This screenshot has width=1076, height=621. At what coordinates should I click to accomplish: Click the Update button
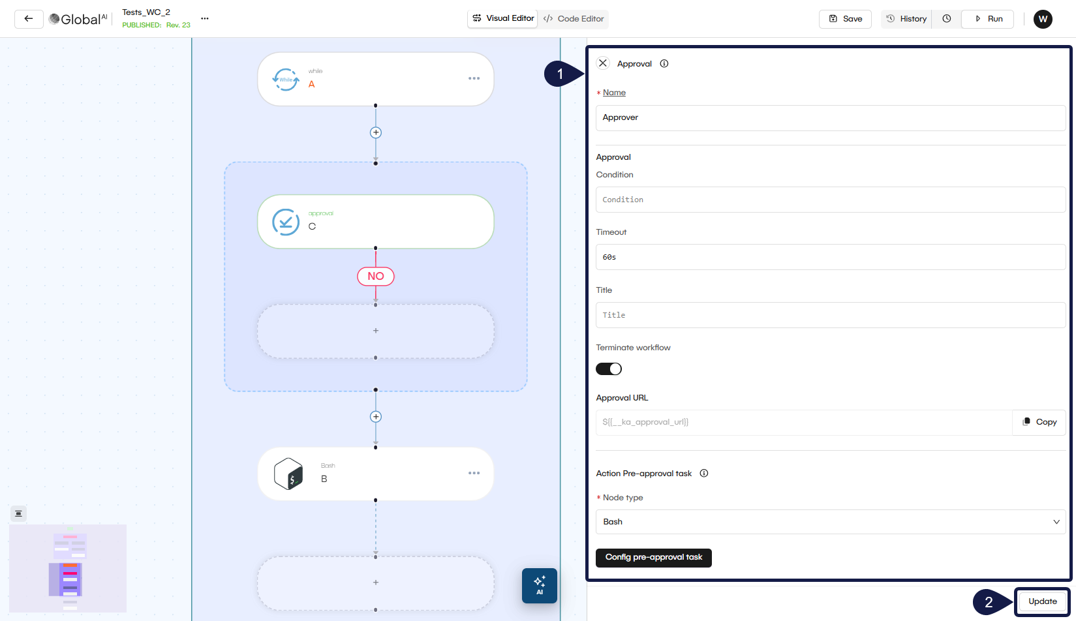pos(1042,601)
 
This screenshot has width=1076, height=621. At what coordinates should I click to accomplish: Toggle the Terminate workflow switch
pos(609,369)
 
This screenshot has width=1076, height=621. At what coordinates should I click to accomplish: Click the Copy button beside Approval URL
pos(1039,422)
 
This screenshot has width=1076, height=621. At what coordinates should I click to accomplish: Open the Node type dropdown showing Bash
pos(830,522)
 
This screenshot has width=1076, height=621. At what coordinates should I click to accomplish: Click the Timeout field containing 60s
pos(830,257)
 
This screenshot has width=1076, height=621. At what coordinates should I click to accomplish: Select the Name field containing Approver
pos(830,118)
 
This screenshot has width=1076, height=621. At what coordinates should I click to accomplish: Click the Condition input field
pos(830,200)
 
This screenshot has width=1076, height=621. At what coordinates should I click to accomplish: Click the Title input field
pos(830,315)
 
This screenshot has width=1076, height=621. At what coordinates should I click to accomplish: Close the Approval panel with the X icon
pos(603,63)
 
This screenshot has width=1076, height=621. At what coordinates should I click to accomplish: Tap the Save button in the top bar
pos(845,19)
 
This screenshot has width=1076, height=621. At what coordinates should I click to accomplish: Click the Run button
pos(988,19)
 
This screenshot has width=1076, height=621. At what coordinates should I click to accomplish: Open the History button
pos(906,19)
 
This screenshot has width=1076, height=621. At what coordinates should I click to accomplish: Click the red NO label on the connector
pos(376,277)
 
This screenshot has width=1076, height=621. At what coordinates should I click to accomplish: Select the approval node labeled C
pos(376,222)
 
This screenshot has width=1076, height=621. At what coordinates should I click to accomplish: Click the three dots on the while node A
pos(474,78)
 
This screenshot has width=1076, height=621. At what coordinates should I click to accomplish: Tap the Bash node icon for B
pos(288,474)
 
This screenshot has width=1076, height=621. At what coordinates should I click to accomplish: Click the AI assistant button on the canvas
pos(540,585)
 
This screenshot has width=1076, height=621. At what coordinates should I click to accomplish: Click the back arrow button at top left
pos(29,19)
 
